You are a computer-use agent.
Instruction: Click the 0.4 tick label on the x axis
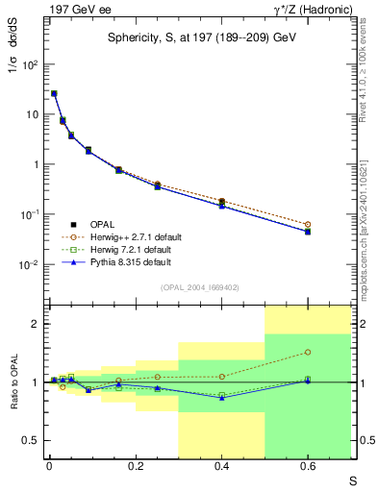tap(221, 465)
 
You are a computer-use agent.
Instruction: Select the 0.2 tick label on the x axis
tap(135, 465)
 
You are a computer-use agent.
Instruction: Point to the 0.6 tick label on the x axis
tap(308, 465)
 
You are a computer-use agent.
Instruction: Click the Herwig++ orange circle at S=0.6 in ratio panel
tap(308, 353)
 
